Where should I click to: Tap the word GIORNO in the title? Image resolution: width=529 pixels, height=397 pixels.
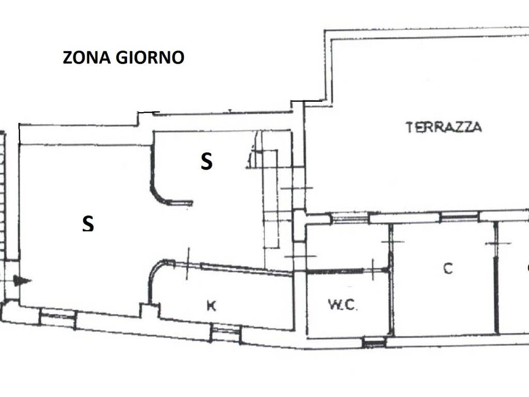click(150, 57)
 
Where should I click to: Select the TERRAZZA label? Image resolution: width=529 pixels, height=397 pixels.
click(443, 127)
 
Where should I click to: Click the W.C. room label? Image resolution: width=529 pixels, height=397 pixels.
click(343, 305)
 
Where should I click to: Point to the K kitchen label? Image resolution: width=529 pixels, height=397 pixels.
click(211, 306)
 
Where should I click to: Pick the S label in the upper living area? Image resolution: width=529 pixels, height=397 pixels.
click(207, 161)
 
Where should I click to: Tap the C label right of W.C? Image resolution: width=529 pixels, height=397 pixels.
click(448, 268)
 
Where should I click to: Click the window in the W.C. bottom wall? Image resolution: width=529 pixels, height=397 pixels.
click(374, 342)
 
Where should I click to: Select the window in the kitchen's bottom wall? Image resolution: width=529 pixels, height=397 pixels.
click(226, 332)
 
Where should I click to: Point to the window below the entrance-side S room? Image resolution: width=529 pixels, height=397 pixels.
click(58, 318)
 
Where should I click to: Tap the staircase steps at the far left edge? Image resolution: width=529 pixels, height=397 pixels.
click(3, 196)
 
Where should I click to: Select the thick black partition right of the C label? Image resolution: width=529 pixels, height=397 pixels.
click(496, 294)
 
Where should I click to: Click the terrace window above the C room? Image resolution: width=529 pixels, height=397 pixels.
click(459, 217)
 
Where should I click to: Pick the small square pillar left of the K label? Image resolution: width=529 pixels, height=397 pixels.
click(150, 310)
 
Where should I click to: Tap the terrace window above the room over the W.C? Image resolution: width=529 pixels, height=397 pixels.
click(350, 218)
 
